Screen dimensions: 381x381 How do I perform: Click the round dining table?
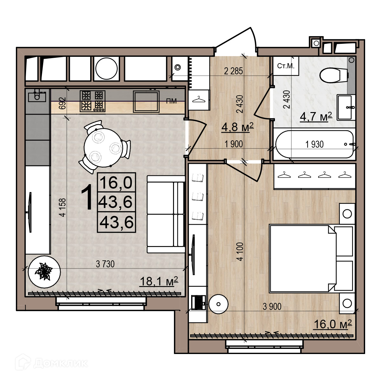pos(103,148)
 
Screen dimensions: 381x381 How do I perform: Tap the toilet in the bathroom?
pos(334,75)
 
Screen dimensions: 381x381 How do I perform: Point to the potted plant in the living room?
pos(44,272)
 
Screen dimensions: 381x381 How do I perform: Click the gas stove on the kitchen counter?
pos(92,101)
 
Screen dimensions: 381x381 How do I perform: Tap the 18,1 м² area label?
pos(159,281)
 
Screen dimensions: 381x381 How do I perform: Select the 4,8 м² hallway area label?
pos(237,127)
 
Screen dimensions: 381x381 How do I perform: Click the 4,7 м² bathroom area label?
pos(316,117)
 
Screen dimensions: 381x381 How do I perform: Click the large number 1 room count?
pos(87,197)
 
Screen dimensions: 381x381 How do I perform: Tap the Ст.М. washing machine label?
pos(286,66)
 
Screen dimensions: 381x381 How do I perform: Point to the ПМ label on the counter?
pos(171,101)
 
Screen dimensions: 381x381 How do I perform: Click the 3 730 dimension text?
pos(105,264)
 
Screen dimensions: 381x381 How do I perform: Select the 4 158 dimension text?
pos(63,207)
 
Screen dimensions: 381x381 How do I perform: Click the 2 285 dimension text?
pos(233,71)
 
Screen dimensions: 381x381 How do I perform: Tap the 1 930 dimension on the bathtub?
pos(314,144)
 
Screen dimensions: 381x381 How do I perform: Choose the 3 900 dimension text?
pos(272,307)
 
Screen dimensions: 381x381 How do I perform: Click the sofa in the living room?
pos(166,214)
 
